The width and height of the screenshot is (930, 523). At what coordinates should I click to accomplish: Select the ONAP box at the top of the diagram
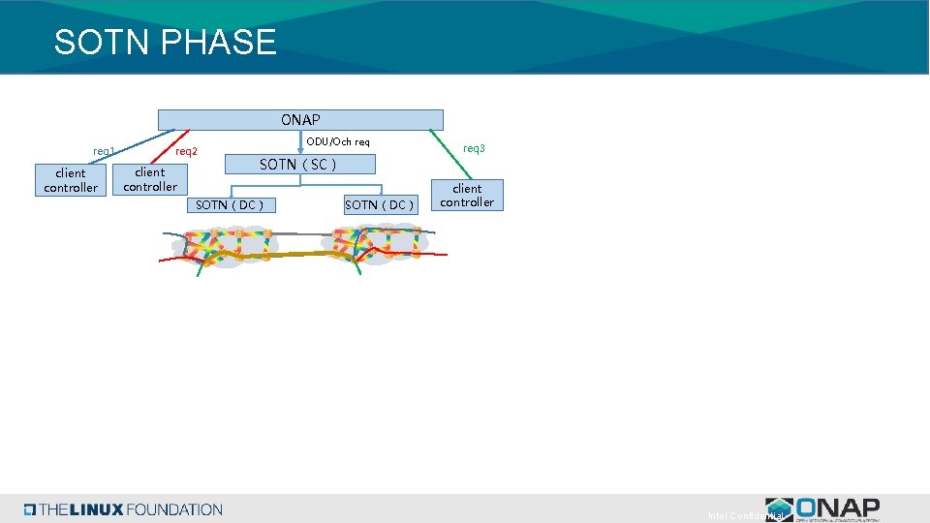[300, 120]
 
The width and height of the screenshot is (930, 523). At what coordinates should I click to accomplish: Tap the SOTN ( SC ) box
[298, 165]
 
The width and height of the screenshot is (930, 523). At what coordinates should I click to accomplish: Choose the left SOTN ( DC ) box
[230, 204]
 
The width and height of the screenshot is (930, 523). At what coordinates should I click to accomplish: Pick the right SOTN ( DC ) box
[379, 204]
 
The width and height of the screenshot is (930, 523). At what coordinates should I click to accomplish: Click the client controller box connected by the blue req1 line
[71, 180]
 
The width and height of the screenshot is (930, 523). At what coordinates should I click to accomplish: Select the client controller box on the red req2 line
[150, 179]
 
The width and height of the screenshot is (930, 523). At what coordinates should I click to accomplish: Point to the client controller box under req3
[467, 195]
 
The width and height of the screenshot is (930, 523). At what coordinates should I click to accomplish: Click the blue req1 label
[104, 151]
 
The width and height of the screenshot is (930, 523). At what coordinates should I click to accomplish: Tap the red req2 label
[186, 151]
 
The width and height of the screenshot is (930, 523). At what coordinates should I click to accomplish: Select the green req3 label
[474, 148]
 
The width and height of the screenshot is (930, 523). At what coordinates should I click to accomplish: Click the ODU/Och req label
[337, 142]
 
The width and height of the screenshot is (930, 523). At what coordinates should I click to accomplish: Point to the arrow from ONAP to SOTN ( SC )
[300, 142]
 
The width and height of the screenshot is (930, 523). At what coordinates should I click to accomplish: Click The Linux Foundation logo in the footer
[124, 509]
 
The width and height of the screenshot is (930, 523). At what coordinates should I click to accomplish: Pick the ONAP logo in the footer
[822, 509]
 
